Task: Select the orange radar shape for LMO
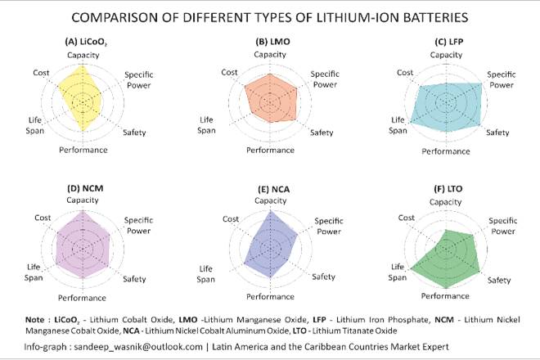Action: [268, 100]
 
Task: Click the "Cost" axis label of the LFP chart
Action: [406, 73]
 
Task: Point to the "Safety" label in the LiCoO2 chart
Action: [135, 133]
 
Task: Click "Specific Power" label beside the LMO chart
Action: [325, 79]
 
